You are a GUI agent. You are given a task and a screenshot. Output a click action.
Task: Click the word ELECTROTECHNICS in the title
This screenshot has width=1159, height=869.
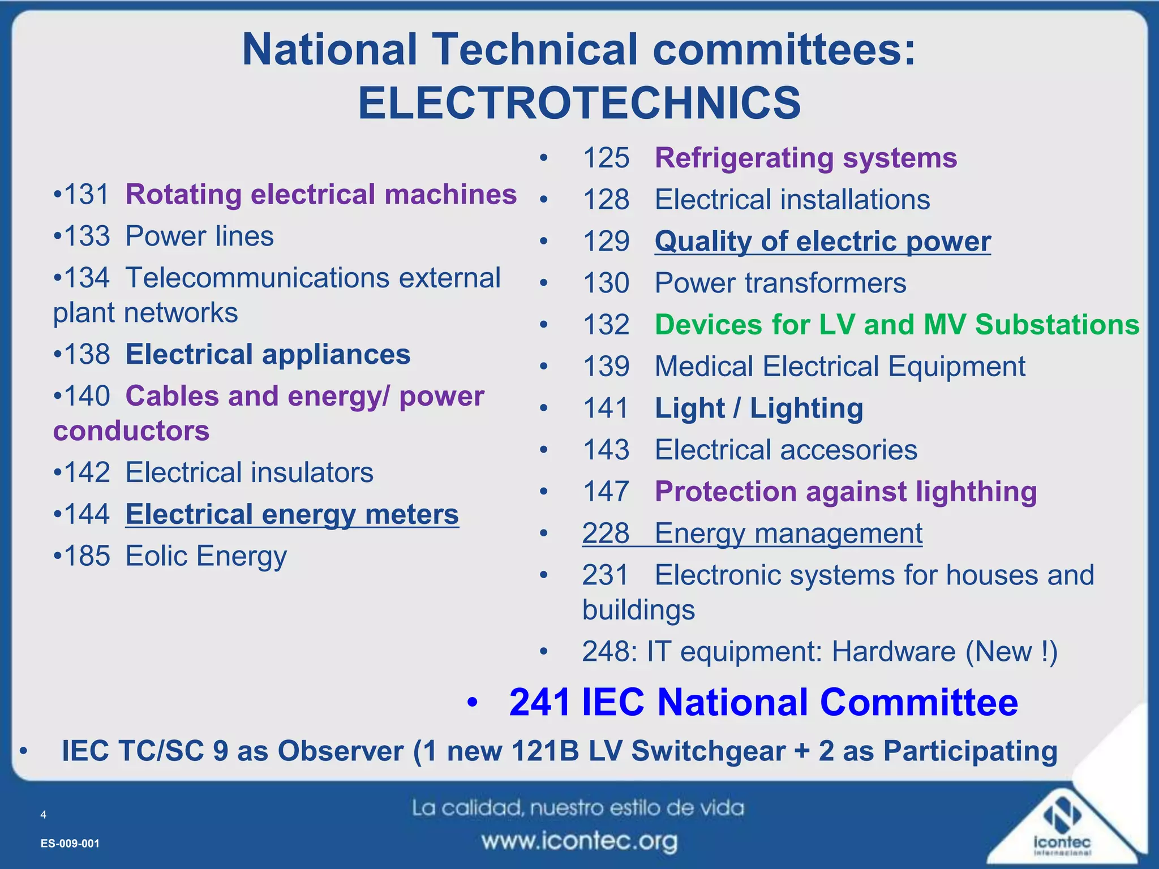point(579,103)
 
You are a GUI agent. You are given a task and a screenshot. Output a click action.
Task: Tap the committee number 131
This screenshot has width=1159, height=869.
point(87,195)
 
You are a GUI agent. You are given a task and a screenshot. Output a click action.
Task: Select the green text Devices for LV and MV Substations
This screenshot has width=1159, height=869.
point(897,325)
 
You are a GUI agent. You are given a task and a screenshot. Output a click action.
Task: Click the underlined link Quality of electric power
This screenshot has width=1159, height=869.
point(822,242)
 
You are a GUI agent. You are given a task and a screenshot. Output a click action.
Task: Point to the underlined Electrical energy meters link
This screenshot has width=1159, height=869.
point(291,514)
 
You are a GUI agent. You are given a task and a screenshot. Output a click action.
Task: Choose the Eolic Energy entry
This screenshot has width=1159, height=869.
point(206,556)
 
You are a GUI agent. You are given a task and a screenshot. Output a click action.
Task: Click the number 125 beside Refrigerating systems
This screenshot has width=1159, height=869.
point(606,158)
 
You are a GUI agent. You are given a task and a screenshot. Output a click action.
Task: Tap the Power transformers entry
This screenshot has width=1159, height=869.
point(780,283)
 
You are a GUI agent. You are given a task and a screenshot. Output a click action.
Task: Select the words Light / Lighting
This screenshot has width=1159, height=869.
point(758,408)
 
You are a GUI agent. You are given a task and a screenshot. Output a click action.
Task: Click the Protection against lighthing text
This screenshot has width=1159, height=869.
point(845,491)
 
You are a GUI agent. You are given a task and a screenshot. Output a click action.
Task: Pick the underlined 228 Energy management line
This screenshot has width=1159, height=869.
point(752,533)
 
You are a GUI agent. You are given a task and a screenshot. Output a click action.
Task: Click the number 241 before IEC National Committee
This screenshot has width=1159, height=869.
point(540,702)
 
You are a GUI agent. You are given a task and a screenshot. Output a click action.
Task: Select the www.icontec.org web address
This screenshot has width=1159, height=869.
point(579,841)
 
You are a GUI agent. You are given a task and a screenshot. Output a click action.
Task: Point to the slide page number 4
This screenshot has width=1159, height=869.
point(44,815)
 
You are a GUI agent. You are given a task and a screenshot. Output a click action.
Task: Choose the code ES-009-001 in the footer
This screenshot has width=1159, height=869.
point(70,844)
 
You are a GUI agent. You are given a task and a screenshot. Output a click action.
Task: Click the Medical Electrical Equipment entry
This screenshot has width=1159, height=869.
point(840,366)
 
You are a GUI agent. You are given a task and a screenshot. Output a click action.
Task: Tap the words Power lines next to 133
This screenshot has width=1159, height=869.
point(199,236)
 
